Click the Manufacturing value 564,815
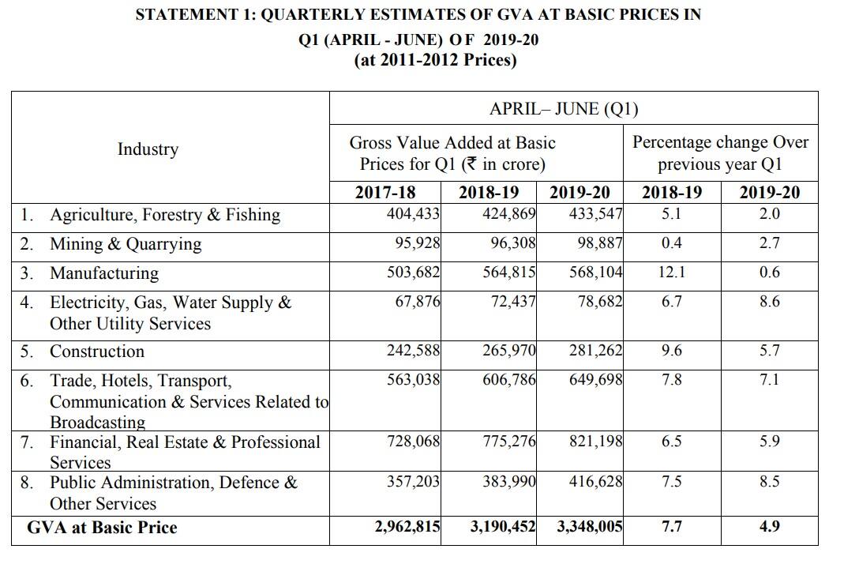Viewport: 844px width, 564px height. [509, 273]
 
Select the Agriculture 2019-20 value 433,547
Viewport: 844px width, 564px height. [596, 214]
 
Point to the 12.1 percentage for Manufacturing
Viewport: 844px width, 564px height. [672, 273]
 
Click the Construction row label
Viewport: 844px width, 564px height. [97, 352]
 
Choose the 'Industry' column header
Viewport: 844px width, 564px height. [148, 149]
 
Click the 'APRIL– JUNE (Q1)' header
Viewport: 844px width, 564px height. [564, 110]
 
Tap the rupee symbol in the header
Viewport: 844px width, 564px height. [471, 164]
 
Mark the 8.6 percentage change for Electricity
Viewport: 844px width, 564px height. [769, 302]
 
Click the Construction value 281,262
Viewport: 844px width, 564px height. [596, 351]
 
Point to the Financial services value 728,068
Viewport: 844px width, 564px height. [413, 442]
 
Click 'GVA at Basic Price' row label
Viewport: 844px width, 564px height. [102, 528]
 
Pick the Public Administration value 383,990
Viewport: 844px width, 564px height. [509, 482]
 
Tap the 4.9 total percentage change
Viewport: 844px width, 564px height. [769, 527]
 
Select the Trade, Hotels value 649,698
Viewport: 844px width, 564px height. [596, 380]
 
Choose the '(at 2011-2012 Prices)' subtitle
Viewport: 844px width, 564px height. [435, 61]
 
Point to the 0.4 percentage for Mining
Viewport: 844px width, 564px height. [672, 243]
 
